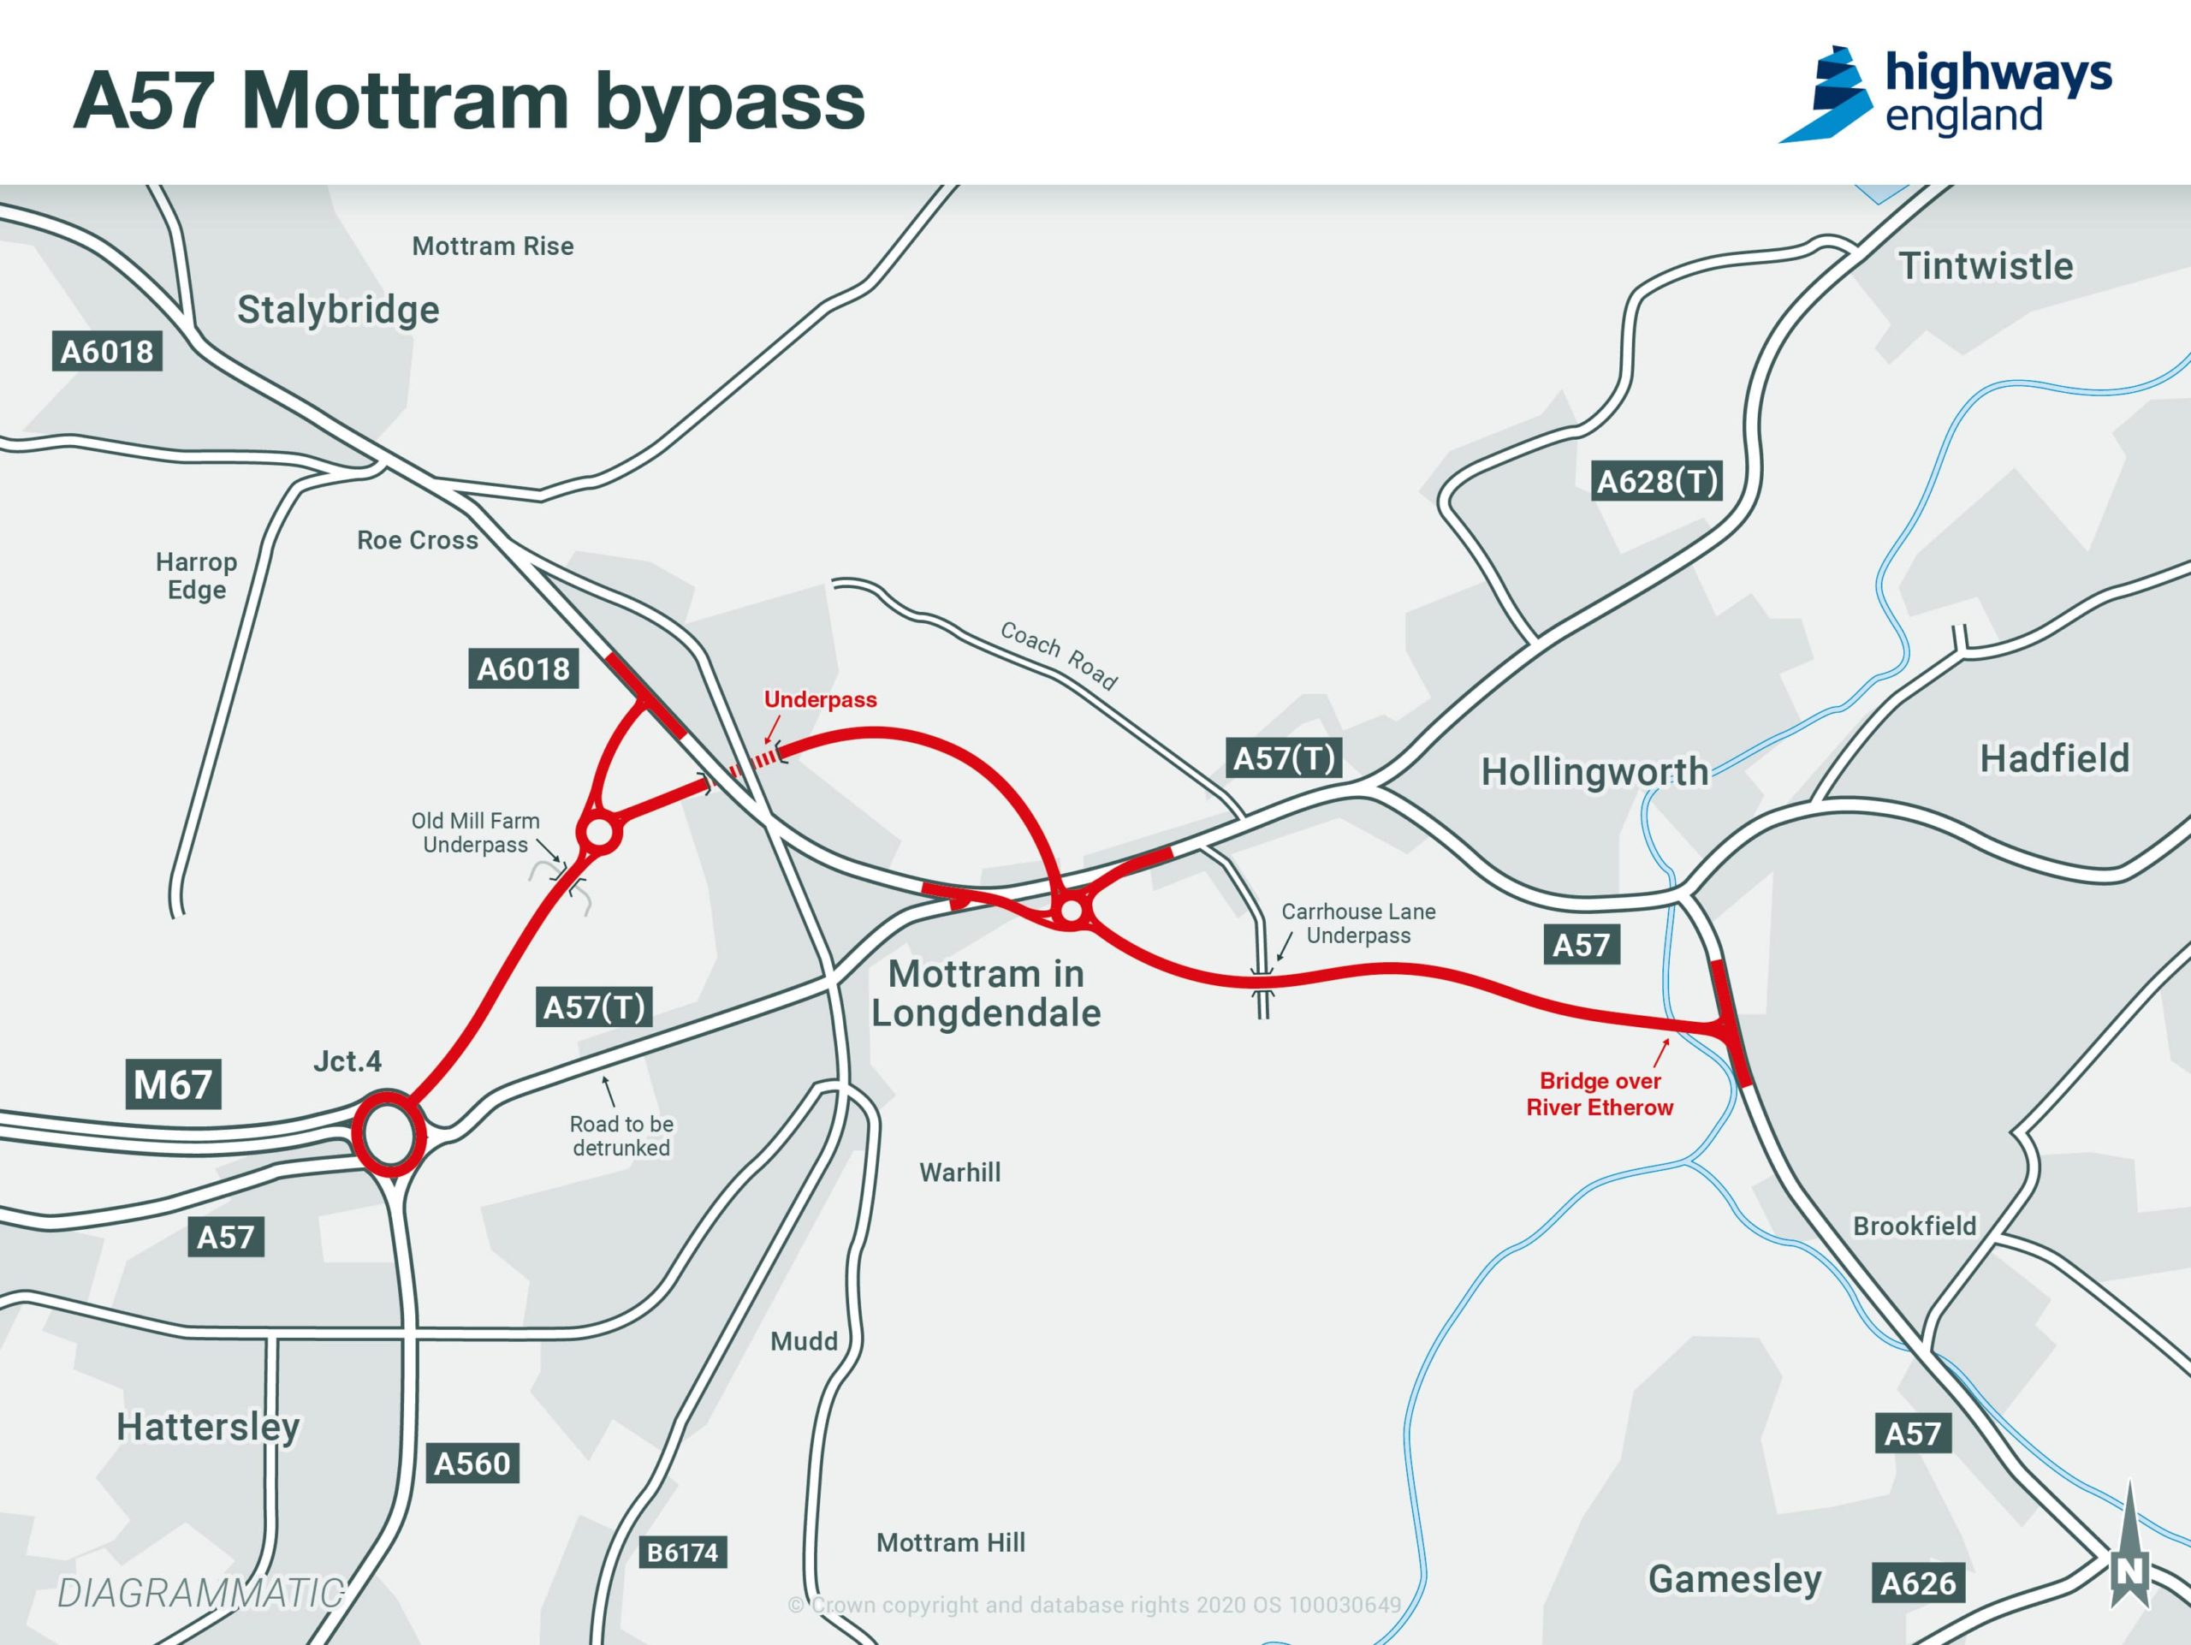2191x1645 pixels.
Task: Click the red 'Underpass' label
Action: coord(820,699)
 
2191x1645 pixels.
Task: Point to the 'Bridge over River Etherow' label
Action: coord(1600,1095)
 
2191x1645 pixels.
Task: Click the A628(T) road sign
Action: coord(1657,481)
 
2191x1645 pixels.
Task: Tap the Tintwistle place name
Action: coord(1985,266)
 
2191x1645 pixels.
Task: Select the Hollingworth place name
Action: coord(1594,771)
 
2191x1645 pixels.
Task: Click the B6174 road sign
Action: coord(681,1552)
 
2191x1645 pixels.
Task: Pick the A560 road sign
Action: coord(472,1463)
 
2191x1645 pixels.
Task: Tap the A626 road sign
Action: coord(1918,1583)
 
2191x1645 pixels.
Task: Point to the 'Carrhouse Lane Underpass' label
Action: coord(1358,923)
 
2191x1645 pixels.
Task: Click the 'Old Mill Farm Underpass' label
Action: coord(476,833)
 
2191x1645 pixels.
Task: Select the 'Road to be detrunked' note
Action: coord(621,1136)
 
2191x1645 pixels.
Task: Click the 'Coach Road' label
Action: coord(1058,655)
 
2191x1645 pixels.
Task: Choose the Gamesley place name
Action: coord(1734,1578)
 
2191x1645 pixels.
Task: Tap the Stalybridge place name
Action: coord(338,310)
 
